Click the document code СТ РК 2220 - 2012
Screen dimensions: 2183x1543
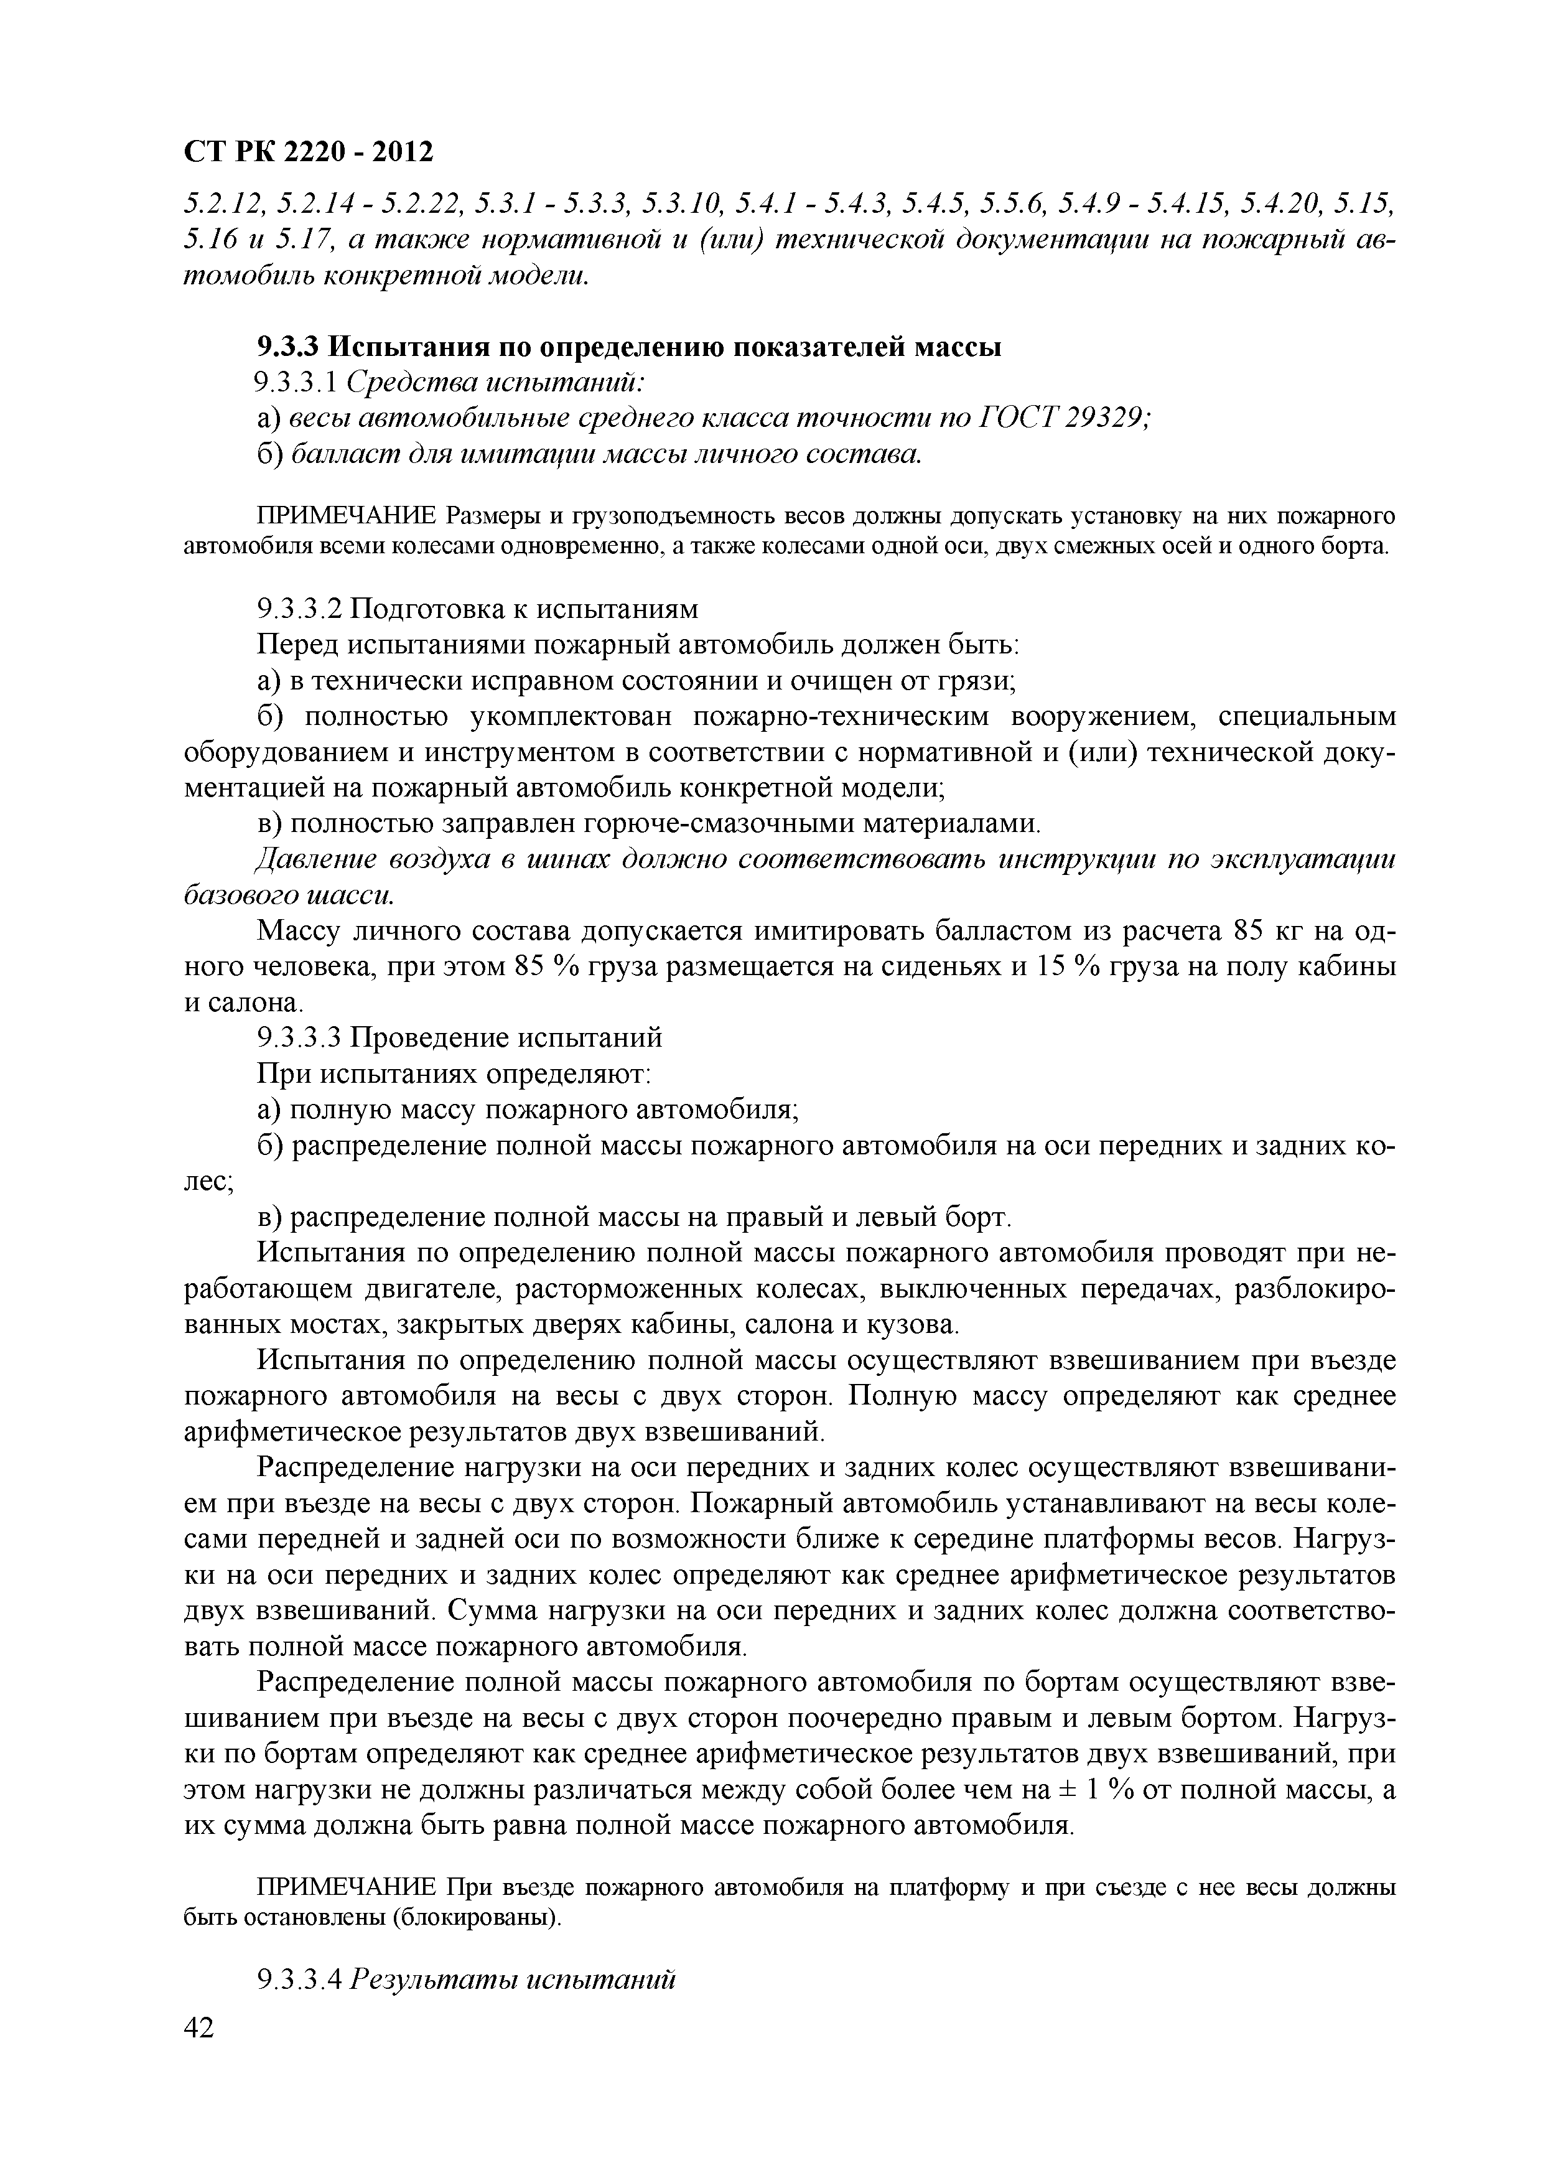(307, 152)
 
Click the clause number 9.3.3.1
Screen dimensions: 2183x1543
(297, 383)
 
